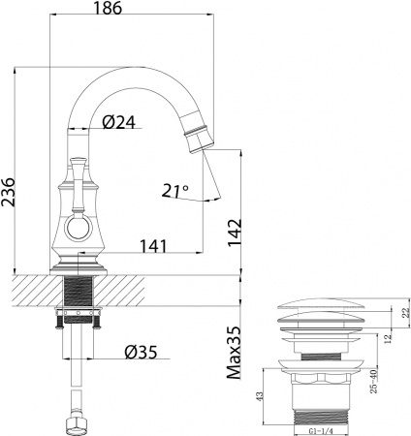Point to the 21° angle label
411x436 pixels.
click(x=175, y=191)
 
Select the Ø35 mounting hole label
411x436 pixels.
click(x=143, y=352)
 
